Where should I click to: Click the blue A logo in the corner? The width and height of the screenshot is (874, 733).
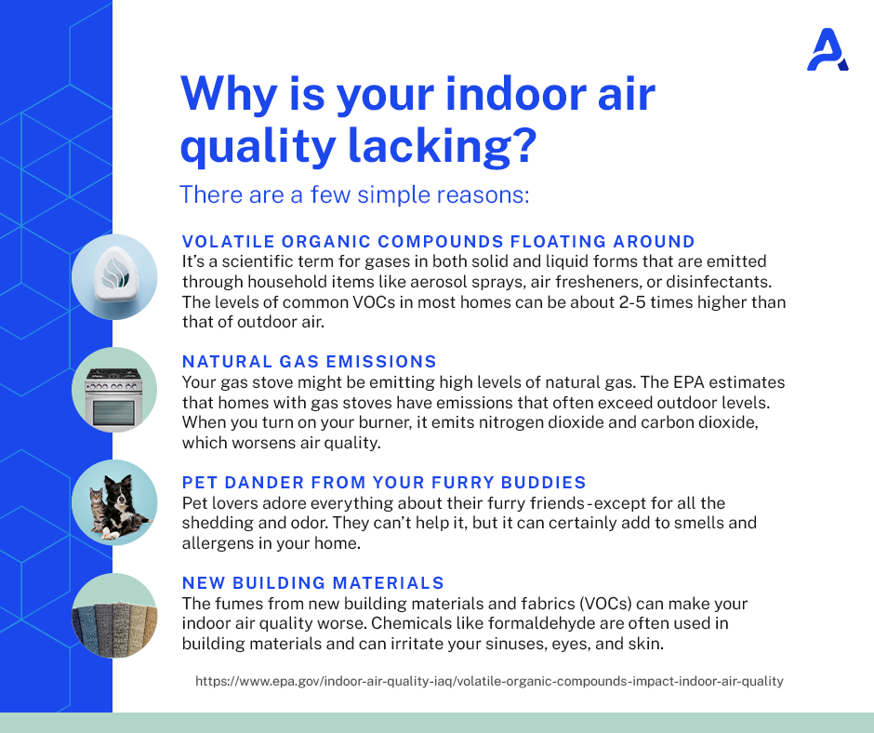tap(828, 50)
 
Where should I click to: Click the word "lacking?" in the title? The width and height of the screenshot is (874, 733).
tap(442, 145)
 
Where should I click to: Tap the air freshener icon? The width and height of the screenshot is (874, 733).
tap(114, 277)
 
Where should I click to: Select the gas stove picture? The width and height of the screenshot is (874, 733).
tap(114, 390)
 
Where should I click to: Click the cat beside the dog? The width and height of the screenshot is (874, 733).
tap(97, 510)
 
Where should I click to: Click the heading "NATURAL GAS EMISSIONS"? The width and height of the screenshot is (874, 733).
tap(310, 362)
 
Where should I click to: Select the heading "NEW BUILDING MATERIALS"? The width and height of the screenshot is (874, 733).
tap(313, 583)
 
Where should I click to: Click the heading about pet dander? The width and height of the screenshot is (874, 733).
tap(384, 483)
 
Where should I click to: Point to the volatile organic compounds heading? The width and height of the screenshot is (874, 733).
tap(439, 242)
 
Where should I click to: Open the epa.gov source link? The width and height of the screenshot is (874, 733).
tap(489, 681)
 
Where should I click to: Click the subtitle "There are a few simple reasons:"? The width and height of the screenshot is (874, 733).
tap(354, 194)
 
